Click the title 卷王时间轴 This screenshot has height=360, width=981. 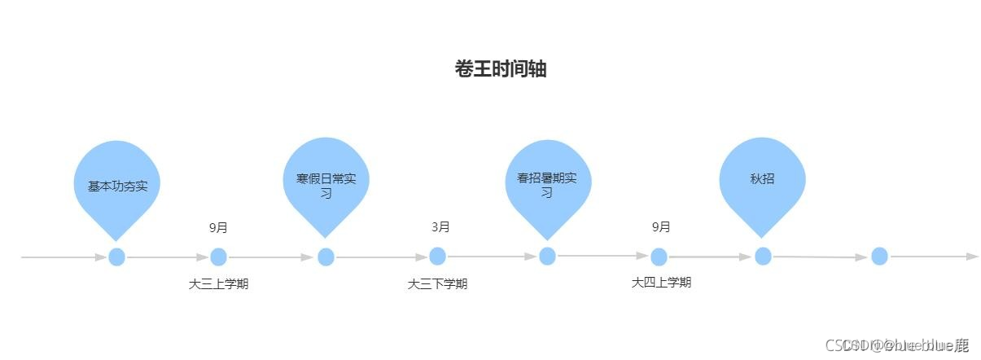[x=500, y=69]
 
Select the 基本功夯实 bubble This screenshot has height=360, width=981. [x=117, y=186]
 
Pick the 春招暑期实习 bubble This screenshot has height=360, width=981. [x=546, y=185]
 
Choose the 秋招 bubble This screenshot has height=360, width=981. [x=762, y=179]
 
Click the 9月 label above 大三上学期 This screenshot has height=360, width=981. [x=218, y=227]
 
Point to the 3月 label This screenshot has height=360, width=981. [x=440, y=226]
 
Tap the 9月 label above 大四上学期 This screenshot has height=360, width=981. [x=661, y=226]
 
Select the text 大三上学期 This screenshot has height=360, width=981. [x=218, y=284]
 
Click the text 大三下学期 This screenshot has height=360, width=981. [x=437, y=284]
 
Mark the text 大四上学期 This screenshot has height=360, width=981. [x=661, y=283]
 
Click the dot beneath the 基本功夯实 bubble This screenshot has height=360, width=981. [x=117, y=257]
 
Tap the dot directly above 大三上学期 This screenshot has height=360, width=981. [x=218, y=257]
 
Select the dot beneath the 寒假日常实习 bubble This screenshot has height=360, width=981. [x=326, y=257]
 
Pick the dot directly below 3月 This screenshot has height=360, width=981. [x=438, y=256]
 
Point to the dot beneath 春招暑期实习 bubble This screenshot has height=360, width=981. [x=547, y=256]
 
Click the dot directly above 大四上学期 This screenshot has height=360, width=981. [x=659, y=257]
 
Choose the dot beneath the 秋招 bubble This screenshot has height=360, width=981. [x=763, y=256]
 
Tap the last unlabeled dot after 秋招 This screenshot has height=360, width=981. [x=879, y=256]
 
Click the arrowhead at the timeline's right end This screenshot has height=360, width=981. [x=972, y=257]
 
